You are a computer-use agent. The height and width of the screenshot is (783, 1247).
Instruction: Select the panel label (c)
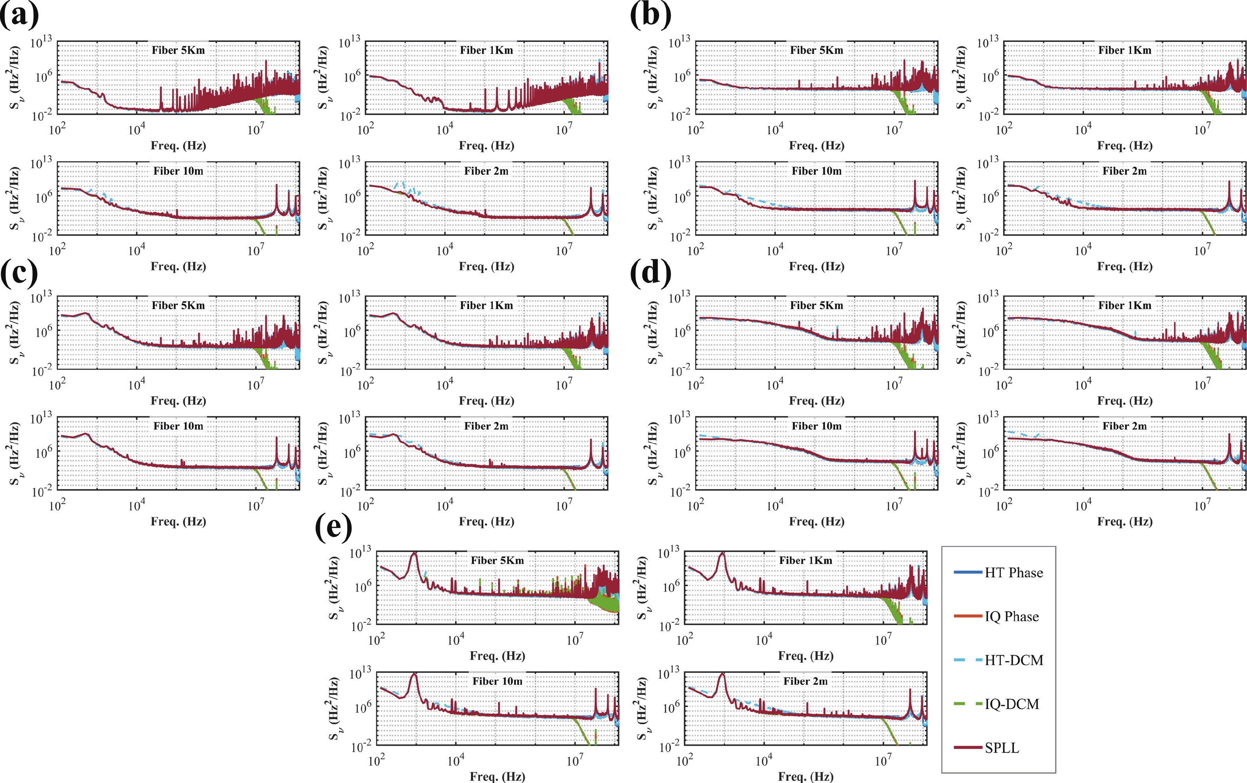[19, 272]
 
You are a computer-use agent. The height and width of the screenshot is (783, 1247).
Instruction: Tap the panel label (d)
[650, 272]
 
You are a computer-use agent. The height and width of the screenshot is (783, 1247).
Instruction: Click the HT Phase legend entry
[998, 573]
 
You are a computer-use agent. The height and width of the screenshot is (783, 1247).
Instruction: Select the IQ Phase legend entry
[996, 616]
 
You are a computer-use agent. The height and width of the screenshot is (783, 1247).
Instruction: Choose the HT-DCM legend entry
[998, 660]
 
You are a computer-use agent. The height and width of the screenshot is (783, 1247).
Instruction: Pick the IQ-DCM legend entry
[996, 704]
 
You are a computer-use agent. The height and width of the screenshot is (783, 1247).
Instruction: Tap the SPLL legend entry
[987, 748]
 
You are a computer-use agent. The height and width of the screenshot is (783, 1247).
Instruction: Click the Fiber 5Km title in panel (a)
[178, 50]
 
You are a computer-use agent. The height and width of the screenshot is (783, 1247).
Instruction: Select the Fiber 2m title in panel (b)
[1125, 171]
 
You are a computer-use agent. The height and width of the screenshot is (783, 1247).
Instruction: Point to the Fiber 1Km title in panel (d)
[1125, 306]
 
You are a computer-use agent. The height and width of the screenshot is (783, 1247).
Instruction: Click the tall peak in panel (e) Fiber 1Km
[722, 553]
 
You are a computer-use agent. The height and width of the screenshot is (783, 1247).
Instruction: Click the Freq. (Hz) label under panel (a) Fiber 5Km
[178, 146]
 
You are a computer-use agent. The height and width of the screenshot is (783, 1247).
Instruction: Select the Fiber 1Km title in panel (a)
[486, 50]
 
